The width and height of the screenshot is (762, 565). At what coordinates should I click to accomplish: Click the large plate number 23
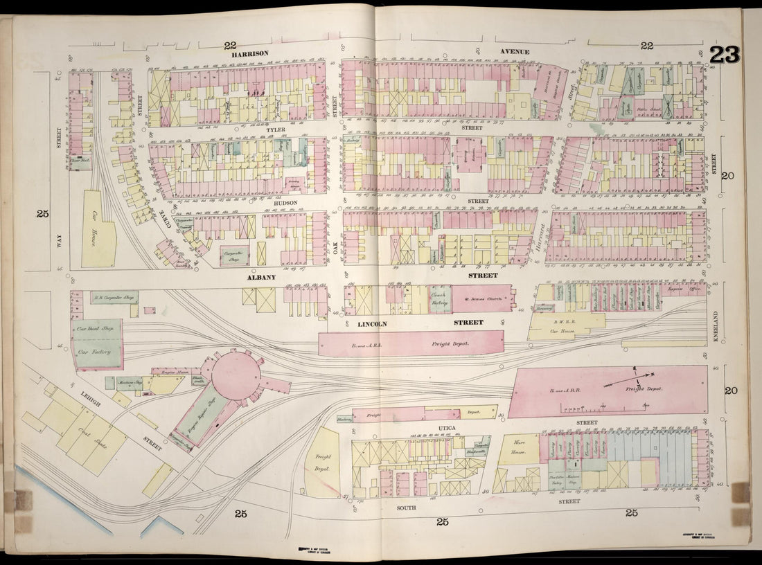click(x=724, y=55)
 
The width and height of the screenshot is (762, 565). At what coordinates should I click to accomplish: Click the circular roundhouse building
click(x=236, y=375)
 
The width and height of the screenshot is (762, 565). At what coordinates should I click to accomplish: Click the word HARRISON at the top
click(x=249, y=53)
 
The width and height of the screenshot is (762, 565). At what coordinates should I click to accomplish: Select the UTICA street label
click(x=447, y=428)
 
